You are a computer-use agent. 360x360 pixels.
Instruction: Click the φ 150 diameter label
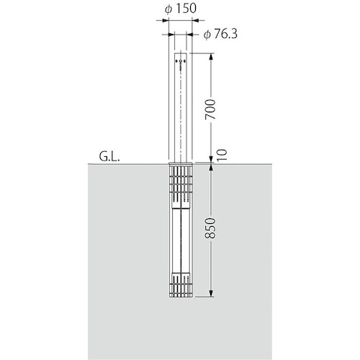coord(181,9)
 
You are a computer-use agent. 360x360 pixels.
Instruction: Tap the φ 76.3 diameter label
coord(220,35)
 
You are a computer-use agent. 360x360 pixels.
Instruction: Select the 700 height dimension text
coord(210,109)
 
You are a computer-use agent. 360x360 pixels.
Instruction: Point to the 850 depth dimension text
coord(210,228)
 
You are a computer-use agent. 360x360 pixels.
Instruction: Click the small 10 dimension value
coord(222,155)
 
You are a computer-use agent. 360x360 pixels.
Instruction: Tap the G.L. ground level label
coord(109,157)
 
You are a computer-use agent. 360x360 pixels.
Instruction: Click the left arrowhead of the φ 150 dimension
coord(166,21)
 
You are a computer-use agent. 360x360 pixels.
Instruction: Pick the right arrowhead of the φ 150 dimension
coord(195,21)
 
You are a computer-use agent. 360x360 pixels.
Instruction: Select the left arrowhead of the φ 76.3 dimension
coord(171,35)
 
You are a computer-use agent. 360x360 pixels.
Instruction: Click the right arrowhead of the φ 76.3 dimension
coord(189,35)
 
